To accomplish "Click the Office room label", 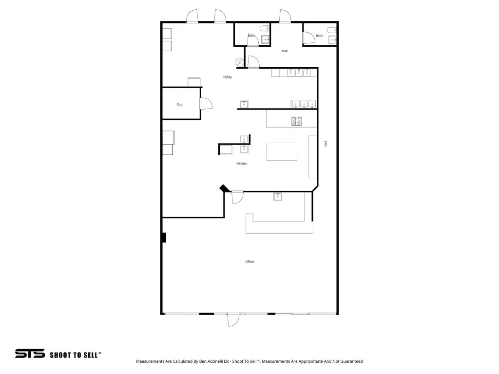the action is (x=249, y=262).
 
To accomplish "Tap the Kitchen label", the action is (x=242, y=164).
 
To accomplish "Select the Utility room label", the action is (x=228, y=77).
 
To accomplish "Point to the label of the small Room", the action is (x=181, y=104).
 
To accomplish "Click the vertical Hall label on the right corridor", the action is (x=326, y=144).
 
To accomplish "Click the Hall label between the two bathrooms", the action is (x=285, y=51).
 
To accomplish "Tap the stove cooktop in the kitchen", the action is (x=297, y=121).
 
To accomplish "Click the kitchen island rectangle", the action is (x=282, y=152).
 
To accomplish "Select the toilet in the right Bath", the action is (x=331, y=30).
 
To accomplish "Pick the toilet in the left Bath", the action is (x=265, y=29).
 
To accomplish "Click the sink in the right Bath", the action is (x=332, y=40).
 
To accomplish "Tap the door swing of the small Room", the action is (x=206, y=104).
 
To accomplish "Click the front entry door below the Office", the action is (x=233, y=320).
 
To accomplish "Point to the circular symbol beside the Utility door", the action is (x=240, y=62).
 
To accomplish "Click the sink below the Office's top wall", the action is (x=278, y=197).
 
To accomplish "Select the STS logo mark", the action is (x=30, y=354).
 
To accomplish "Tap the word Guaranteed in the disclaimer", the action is (x=352, y=361).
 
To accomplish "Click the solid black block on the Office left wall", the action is (x=164, y=238).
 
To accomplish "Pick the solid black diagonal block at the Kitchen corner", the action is (x=224, y=188).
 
